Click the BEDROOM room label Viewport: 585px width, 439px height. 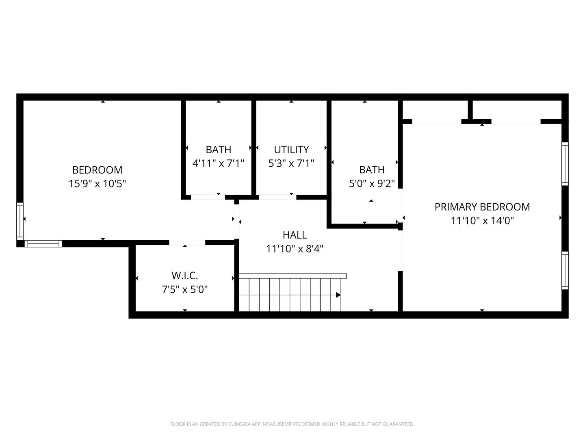97,170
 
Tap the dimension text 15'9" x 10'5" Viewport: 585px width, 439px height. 97,184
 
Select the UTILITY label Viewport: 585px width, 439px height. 291,150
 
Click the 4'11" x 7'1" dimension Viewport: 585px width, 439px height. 219,163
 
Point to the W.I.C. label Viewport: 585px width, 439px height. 184,276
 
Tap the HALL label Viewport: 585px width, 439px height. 295,235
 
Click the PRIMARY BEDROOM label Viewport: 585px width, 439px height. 482,207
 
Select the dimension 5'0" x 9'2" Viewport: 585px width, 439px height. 372,184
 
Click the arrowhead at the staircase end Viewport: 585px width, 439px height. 338,295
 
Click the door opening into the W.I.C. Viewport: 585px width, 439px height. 187,243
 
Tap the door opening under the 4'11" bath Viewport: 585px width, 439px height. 208,197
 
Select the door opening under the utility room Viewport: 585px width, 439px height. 277,197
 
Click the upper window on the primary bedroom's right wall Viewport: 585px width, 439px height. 565,163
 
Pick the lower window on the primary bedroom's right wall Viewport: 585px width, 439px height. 565,270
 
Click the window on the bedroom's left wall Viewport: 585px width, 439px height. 19,220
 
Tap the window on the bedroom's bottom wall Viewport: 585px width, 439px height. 43,243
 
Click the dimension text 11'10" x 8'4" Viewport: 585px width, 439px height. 295,249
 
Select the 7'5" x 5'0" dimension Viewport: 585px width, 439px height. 184,289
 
